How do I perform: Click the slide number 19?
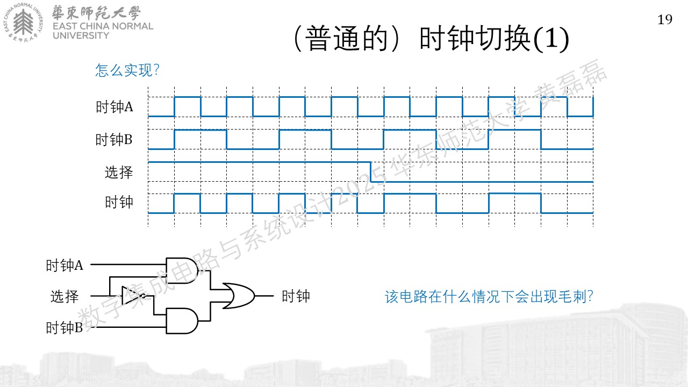tap(665, 20)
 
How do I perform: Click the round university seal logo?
tap(23, 22)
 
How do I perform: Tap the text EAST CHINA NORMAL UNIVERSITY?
tap(103, 31)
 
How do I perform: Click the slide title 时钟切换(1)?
tap(494, 39)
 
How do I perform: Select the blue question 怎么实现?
tap(127, 70)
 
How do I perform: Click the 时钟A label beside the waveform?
tap(114, 107)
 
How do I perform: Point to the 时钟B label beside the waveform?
tap(113, 139)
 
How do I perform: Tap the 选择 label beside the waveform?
tap(119, 172)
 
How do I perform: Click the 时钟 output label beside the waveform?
tap(119, 202)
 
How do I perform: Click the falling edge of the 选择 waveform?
tap(371, 172)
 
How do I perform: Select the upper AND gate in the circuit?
tap(182, 270)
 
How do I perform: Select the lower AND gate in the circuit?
tap(182, 321)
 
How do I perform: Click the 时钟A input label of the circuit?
tap(64, 266)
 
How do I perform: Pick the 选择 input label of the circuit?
tap(64, 296)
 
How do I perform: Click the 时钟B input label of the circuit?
tap(64, 328)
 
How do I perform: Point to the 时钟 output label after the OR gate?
tap(296, 296)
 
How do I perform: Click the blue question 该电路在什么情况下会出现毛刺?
tap(489, 297)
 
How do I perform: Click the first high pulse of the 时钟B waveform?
tap(200, 130)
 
